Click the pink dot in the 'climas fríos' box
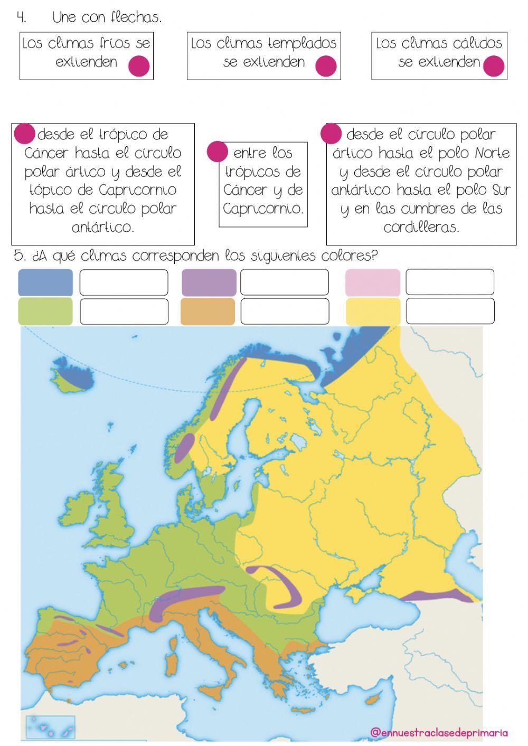pyautogui.click(x=139, y=66)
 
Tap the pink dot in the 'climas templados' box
pyautogui.click(x=326, y=66)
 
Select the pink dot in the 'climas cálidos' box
pyautogui.click(x=494, y=66)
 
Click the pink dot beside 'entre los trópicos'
pyautogui.click(x=217, y=152)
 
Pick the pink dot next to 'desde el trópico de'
pyautogui.click(x=24, y=133)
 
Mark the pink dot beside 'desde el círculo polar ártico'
pyautogui.click(x=331, y=133)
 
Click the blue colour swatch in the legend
pyautogui.click(x=45, y=282)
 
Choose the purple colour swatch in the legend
pyautogui.click(x=209, y=282)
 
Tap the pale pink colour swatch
pyautogui.click(x=373, y=282)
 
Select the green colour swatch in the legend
pyautogui.click(x=45, y=311)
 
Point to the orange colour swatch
pyautogui.click(x=208, y=311)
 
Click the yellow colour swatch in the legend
pyautogui.click(x=373, y=311)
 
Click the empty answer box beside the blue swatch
pyautogui.click(x=124, y=282)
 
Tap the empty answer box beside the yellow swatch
pyautogui.click(x=450, y=311)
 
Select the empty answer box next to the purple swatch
pyautogui.click(x=285, y=282)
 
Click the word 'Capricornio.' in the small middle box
pyautogui.click(x=263, y=209)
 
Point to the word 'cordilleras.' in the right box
pyautogui.click(x=421, y=228)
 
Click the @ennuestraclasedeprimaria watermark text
pyautogui.click(x=439, y=732)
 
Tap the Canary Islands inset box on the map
pyautogui.click(x=50, y=727)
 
